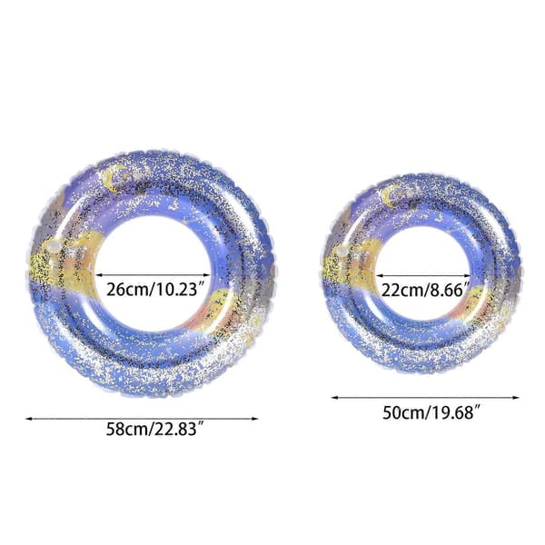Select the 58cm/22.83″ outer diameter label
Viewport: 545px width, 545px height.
[154, 429]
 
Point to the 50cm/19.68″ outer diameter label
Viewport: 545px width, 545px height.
[431, 412]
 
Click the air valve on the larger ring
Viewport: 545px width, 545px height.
[54, 246]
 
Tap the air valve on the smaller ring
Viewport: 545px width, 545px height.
[341, 251]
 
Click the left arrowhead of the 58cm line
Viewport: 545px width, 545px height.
[28, 419]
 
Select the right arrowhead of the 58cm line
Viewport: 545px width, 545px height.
[254, 419]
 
